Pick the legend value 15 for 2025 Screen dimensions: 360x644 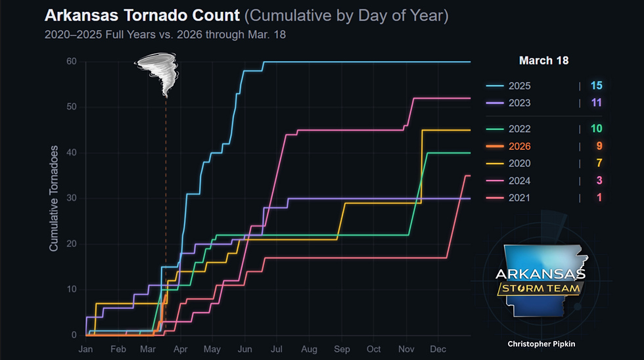click(x=596, y=86)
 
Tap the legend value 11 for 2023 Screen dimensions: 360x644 click(x=596, y=103)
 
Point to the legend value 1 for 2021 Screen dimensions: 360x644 click(x=596, y=198)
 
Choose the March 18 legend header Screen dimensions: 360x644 click(x=543, y=60)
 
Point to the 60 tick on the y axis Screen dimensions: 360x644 click(x=71, y=62)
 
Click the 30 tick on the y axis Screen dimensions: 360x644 click(x=71, y=198)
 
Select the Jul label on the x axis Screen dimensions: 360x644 click(x=276, y=349)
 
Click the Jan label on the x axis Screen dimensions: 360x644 click(x=86, y=349)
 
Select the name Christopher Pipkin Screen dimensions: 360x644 click(x=541, y=344)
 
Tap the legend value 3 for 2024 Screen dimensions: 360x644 click(x=596, y=181)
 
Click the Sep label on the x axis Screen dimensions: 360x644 click(x=341, y=349)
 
